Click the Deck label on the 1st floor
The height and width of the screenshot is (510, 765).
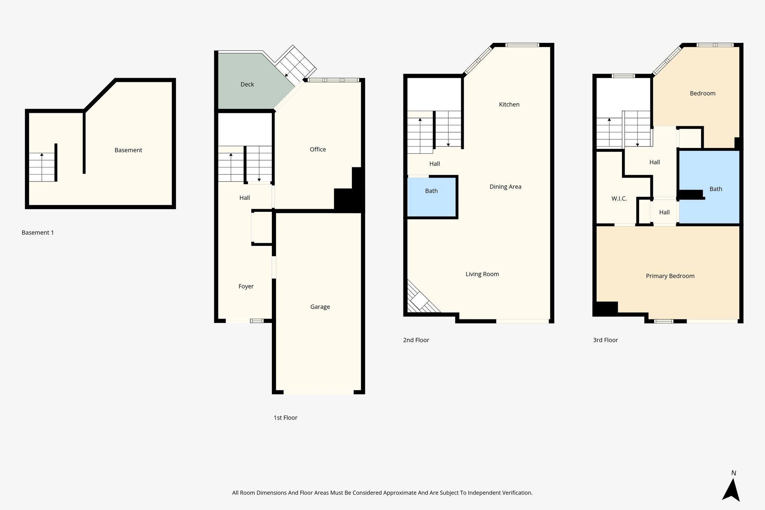pos(247,84)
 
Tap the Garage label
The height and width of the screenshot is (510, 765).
pos(320,307)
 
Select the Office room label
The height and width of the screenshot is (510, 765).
pos(318,149)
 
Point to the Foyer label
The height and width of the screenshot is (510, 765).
pos(246,286)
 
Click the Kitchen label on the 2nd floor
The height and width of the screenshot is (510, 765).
pos(509,105)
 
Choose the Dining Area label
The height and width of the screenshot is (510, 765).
pos(505,187)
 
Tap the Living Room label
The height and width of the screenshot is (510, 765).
pos(482,274)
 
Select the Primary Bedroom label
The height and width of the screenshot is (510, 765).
pos(670,276)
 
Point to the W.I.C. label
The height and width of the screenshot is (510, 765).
pos(619,199)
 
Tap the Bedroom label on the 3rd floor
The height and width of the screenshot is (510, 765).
pos(702,93)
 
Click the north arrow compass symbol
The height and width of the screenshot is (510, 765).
pos(731,490)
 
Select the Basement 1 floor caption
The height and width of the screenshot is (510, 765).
pos(38,233)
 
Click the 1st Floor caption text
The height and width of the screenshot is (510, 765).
pos(285,418)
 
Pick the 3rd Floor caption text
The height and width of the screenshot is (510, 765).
pos(605,340)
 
